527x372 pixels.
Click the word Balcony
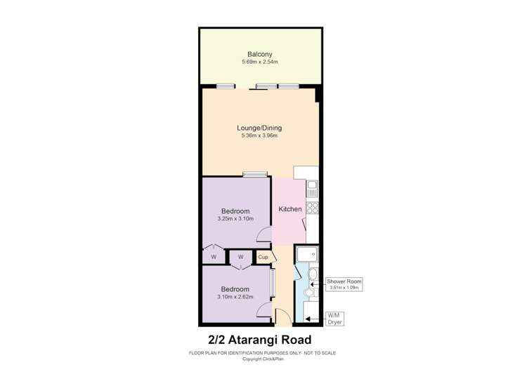(x=259, y=54)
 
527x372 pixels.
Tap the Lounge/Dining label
(x=259, y=128)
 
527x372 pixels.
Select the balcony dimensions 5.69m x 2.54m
(x=259, y=62)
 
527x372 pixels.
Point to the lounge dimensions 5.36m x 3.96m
(x=259, y=136)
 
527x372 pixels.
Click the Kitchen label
(x=290, y=209)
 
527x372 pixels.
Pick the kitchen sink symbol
(x=312, y=188)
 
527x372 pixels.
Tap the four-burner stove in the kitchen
(x=313, y=207)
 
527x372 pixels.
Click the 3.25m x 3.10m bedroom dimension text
(x=235, y=219)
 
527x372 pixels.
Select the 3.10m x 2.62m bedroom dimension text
(x=235, y=297)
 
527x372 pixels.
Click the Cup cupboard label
(x=263, y=257)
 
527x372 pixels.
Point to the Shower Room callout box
(x=344, y=284)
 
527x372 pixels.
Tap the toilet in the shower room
(x=313, y=275)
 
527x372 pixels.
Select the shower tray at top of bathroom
(x=306, y=254)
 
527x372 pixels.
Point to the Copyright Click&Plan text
(x=263, y=359)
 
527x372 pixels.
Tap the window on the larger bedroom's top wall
(x=255, y=174)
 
